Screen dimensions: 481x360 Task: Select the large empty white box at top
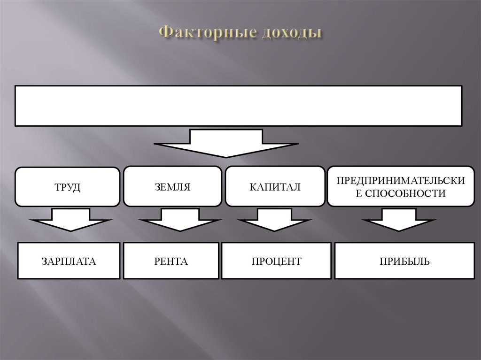[x=238, y=106]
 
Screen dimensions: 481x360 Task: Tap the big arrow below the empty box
[x=226, y=143]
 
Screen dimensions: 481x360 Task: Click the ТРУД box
[x=68, y=187]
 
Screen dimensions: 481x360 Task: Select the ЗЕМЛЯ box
[x=172, y=187]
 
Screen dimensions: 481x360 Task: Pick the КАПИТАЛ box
[x=275, y=187]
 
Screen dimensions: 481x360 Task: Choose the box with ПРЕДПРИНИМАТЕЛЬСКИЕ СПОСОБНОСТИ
[x=401, y=187]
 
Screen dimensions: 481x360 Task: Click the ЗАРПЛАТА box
[x=69, y=260]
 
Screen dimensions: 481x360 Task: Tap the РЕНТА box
[x=171, y=260]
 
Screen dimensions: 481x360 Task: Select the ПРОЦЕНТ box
[x=276, y=260]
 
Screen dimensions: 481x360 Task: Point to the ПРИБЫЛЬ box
[x=404, y=260]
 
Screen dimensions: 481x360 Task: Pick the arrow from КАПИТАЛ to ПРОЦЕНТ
[x=272, y=220]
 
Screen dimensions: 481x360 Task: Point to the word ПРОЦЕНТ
[x=276, y=261]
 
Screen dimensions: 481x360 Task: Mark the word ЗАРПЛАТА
[x=69, y=261]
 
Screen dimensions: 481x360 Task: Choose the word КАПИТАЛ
[x=275, y=187]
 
